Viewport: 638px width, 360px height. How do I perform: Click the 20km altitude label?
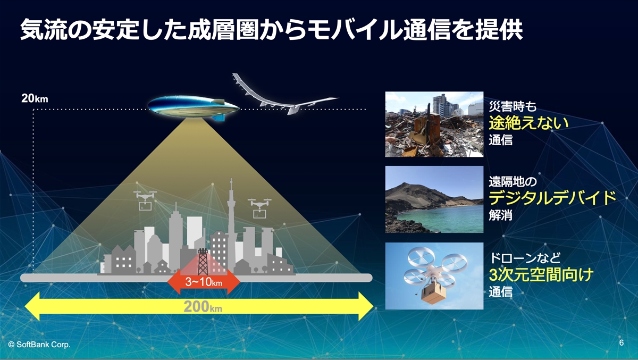coord(35,98)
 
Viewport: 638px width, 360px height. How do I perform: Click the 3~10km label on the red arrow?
coord(203,282)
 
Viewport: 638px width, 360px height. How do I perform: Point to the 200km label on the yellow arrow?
coord(203,307)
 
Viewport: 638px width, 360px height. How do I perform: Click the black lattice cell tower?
coord(203,261)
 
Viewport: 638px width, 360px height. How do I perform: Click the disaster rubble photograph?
coord(434,124)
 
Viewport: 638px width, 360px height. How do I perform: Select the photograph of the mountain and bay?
coord(434,199)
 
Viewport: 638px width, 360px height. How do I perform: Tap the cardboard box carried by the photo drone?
coord(433,294)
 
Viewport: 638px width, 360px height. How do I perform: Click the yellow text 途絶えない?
coord(528,123)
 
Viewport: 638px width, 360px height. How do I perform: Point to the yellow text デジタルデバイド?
coord(552,198)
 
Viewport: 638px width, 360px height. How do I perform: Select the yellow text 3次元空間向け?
coord(541,274)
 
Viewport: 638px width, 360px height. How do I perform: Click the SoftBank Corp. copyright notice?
coord(39,345)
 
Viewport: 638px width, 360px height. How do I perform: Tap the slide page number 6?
coord(622,342)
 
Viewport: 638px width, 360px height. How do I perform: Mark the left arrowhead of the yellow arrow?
coord(32,306)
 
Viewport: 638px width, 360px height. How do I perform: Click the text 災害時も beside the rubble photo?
coord(513,106)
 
